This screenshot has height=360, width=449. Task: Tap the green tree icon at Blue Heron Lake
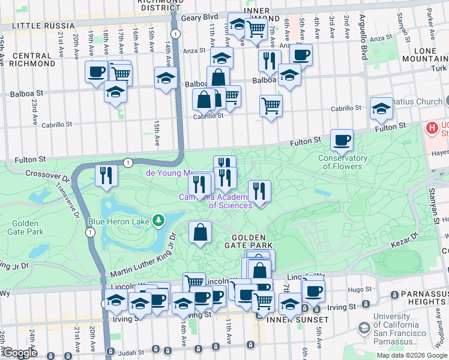[158, 221]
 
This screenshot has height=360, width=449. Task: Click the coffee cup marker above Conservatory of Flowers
[342, 141]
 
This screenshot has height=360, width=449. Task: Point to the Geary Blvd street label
[201, 18]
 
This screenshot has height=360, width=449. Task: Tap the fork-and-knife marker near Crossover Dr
[106, 176]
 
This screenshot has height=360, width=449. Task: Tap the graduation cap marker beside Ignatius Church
[381, 109]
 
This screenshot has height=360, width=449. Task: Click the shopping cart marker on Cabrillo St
[271, 106]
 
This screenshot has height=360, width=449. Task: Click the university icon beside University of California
[363, 328]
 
